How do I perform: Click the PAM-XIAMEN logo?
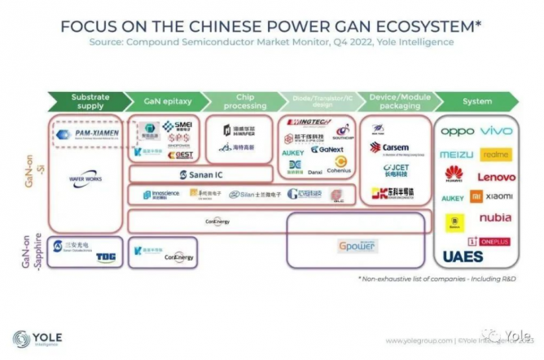pyautogui.click(x=86, y=132)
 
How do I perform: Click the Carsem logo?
pyautogui.click(x=388, y=147)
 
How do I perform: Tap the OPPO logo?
pyautogui.click(x=457, y=131)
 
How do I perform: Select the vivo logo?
pyautogui.click(x=496, y=131)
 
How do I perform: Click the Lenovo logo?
pyautogui.click(x=496, y=176)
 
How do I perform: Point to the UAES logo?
pyautogui.click(x=463, y=257)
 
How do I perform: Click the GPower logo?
pyautogui.click(x=357, y=245)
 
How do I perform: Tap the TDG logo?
pyautogui.click(x=106, y=257)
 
